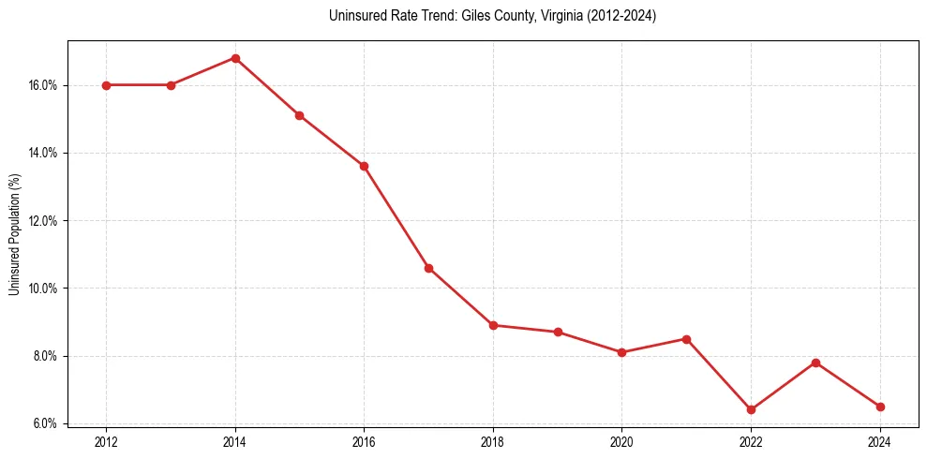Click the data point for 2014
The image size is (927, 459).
tap(235, 58)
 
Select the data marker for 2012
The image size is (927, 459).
tap(106, 85)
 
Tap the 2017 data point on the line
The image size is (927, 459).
tap(428, 268)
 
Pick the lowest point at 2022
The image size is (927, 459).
tap(751, 409)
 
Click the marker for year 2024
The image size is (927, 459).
tap(880, 407)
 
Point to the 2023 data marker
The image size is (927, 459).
tap(815, 363)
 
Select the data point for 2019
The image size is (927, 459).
tap(558, 332)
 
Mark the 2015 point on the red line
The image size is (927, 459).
tap(299, 115)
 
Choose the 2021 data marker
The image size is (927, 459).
tap(686, 339)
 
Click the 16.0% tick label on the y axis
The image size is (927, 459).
tap(44, 85)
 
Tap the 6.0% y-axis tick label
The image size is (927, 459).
tap(46, 423)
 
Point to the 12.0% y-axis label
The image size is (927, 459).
tap(44, 221)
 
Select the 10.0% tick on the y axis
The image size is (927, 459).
tap(44, 289)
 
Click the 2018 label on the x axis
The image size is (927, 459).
tap(493, 441)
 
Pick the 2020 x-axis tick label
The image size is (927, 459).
tap(621, 441)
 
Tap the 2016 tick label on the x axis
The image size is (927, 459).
tap(364, 441)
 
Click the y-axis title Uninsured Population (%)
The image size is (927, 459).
tap(15, 234)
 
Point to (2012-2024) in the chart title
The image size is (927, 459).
tap(621, 16)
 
